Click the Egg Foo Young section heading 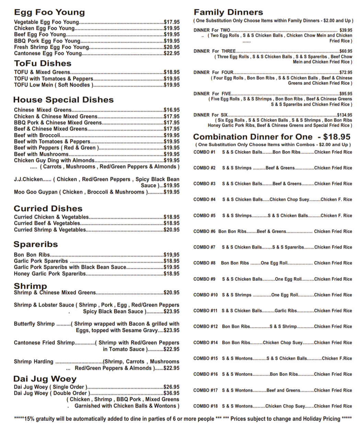click(49, 12)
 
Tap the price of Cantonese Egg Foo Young click(172, 54)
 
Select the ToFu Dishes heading click(43, 64)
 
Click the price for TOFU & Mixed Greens click(172, 72)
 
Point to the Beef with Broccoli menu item click(37, 135)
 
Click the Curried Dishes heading click(48, 209)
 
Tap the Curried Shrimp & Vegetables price click(172, 230)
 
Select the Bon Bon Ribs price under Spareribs click(172, 255)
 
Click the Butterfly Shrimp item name click(34, 324)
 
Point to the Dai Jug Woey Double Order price click(172, 393)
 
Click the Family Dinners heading click(228, 12)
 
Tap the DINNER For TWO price click(346, 30)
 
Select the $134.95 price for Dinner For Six click(345, 115)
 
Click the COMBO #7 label click(204, 247)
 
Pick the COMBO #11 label click(205, 311)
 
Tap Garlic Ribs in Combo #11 click(286, 311)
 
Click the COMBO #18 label click(205, 406)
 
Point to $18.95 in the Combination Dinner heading click(337, 137)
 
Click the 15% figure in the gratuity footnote click(30, 419)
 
